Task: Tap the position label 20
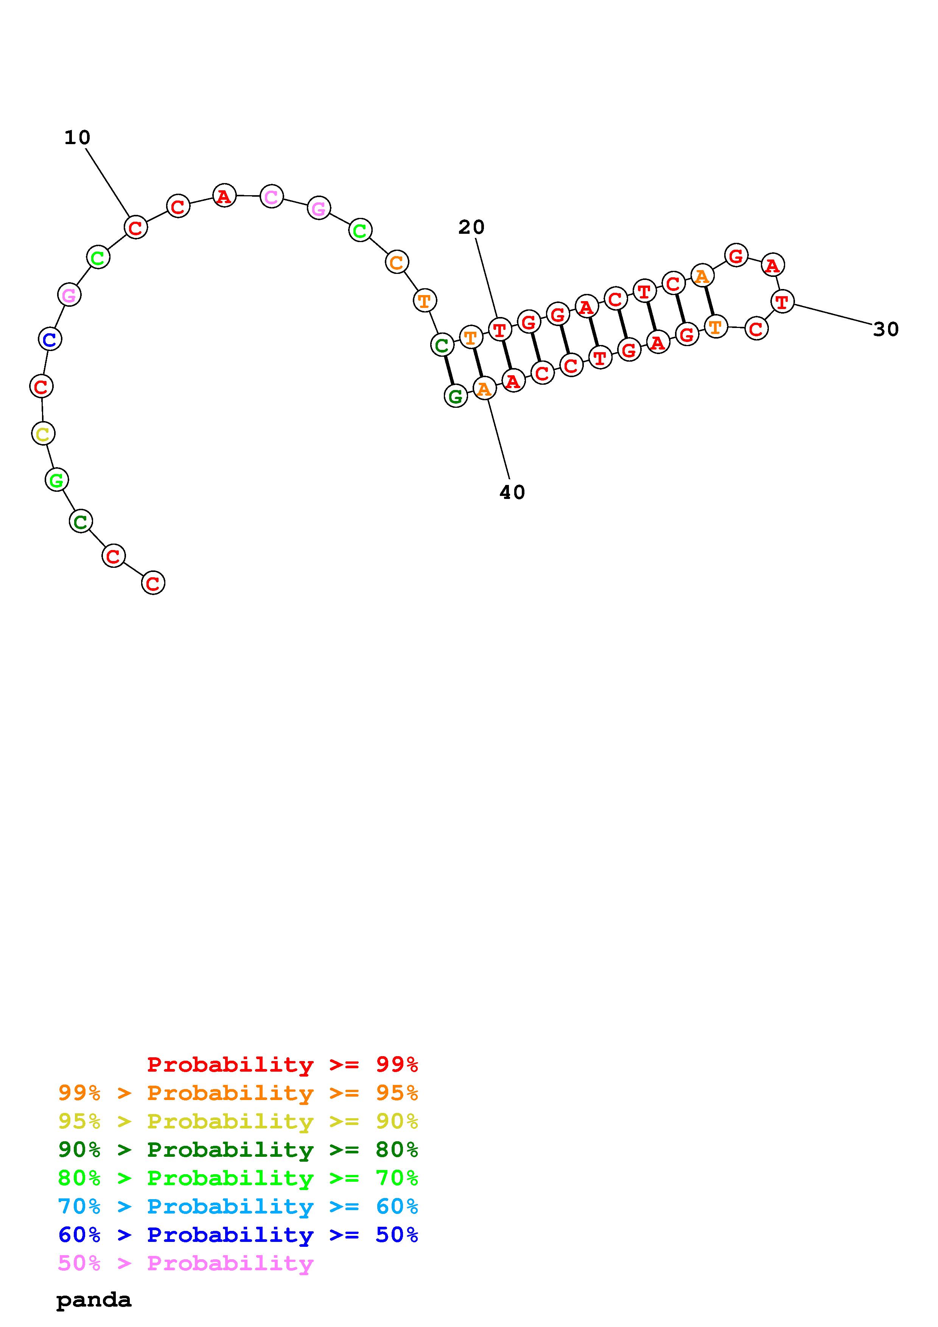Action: (x=471, y=227)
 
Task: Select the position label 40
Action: (x=512, y=493)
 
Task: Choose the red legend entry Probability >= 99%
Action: (x=283, y=1064)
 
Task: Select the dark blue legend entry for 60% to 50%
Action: (x=238, y=1235)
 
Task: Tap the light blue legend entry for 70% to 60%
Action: (x=238, y=1206)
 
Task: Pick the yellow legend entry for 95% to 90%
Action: (x=238, y=1121)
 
